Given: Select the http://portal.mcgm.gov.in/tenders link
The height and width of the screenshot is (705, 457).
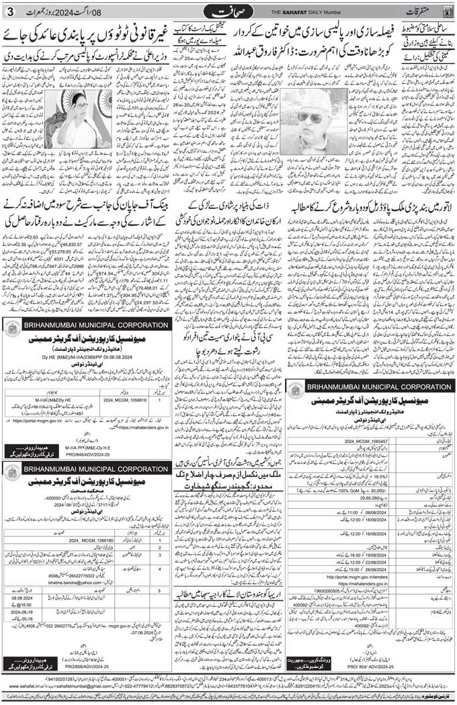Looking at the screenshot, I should pyautogui.click(x=342, y=576).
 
